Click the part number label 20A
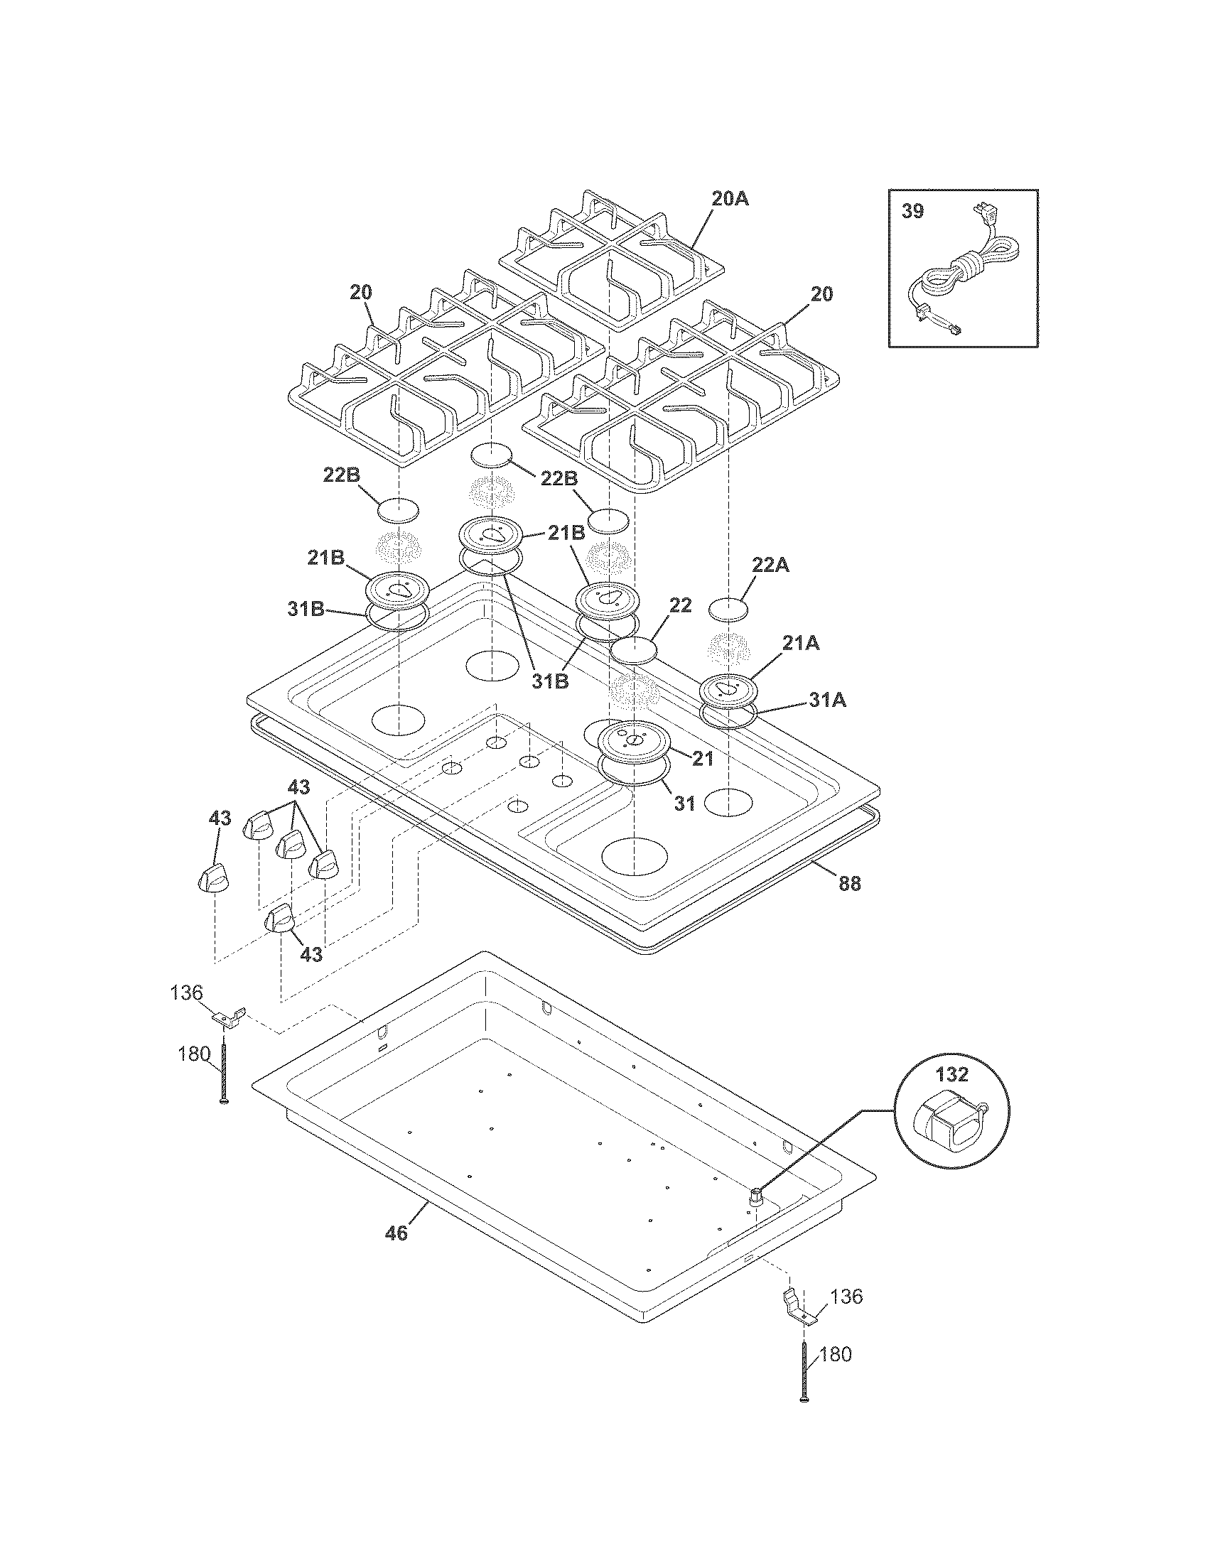(x=730, y=200)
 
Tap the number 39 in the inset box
(x=912, y=212)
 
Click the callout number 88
(x=849, y=884)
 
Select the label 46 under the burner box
(x=396, y=1233)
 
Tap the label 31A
(x=827, y=701)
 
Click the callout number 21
(x=703, y=759)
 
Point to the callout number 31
(x=685, y=804)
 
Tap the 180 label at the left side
(x=195, y=1054)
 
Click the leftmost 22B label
(x=340, y=475)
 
